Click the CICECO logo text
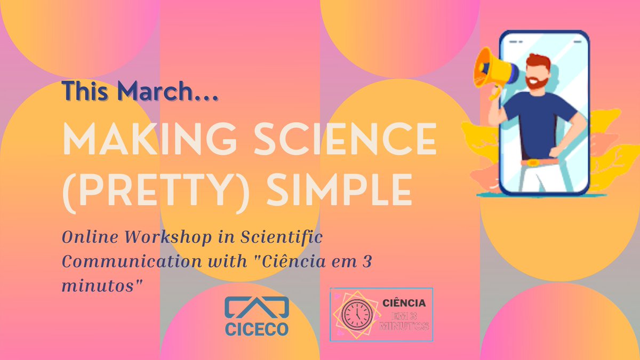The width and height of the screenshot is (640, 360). pos(257,327)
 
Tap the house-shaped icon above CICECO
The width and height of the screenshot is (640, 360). pos(257,306)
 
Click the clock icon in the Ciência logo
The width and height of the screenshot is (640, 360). pos(356,315)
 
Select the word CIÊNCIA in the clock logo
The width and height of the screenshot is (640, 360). pos(404,303)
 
